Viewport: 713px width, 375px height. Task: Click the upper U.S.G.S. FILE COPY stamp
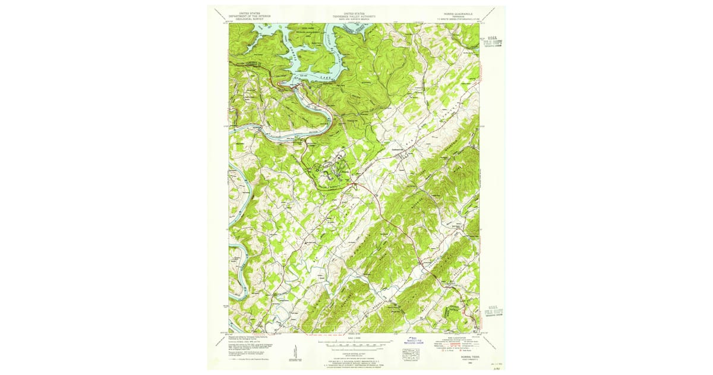(x=493, y=42)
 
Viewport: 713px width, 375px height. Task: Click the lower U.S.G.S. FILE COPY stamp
(x=493, y=310)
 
